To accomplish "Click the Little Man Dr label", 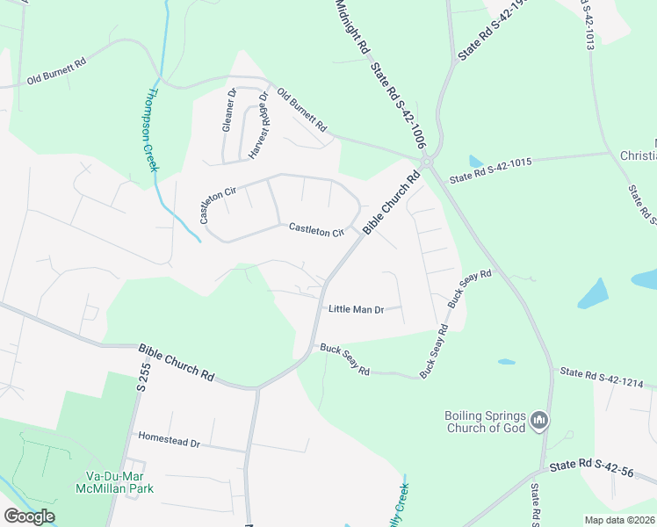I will click(x=357, y=309).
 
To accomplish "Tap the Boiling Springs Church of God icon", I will click(x=540, y=422).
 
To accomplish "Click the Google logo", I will click(x=29, y=516).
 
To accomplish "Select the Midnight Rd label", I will click(x=350, y=29).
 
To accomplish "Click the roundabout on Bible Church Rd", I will click(x=427, y=162).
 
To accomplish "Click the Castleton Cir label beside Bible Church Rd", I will click(x=316, y=230).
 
